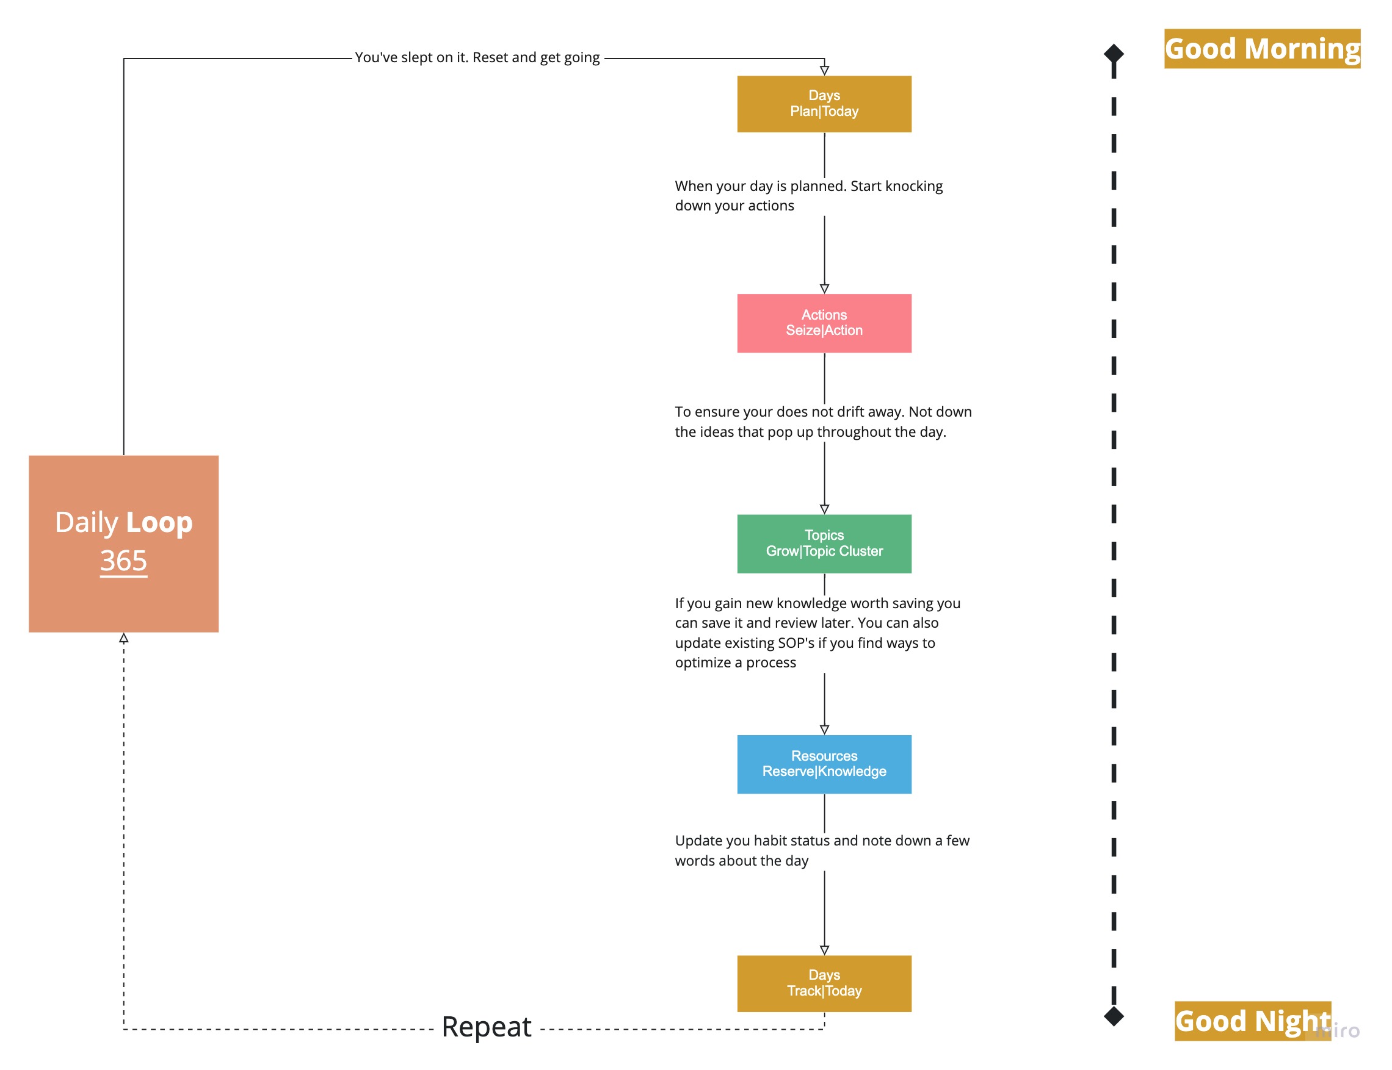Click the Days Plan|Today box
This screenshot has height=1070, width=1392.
click(824, 104)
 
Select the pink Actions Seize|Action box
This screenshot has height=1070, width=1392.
click(824, 323)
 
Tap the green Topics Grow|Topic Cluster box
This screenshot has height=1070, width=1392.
click(824, 544)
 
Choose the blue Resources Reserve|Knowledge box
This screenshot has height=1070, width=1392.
click(824, 764)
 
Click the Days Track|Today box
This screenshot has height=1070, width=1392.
click(824, 983)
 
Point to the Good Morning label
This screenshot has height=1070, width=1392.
click(1262, 48)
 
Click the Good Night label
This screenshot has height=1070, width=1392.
click(1252, 1021)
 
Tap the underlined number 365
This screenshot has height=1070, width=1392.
click(124, 561)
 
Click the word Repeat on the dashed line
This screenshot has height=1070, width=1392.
click(487, 1027)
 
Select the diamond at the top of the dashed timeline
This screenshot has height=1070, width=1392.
click(1114, 54)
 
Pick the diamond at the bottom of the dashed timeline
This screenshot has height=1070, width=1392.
click(1114, 1016)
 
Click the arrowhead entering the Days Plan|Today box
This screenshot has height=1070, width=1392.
click(824, 70)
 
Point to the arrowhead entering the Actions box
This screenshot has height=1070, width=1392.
click(824, 289)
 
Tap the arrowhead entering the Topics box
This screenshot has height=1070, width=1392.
click(824, 509)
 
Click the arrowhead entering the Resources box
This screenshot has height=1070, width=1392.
click(824, 729)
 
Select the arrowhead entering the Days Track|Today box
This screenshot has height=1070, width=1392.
click(824, 950)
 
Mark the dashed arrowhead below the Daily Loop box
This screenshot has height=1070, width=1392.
click(124, 637)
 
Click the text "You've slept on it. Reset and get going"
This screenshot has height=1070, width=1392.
click(477, 57)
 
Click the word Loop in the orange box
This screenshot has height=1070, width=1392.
click(159, 523)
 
